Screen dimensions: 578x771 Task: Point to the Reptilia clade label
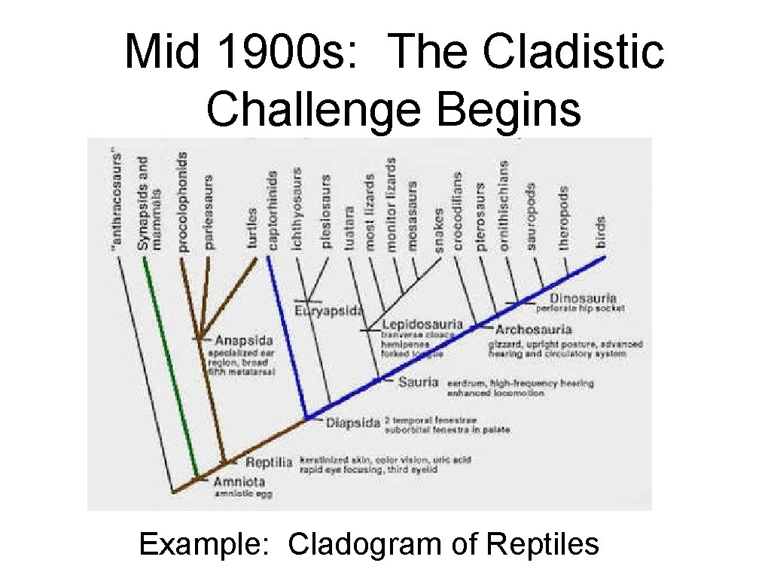point(269,461)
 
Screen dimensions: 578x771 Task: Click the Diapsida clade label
point(352,422)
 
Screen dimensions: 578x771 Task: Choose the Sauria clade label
point(418,382)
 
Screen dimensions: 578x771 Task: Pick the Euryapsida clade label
point(328,310)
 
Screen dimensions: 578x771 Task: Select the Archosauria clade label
point(534,329)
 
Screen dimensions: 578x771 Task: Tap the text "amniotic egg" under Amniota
point(242,495)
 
